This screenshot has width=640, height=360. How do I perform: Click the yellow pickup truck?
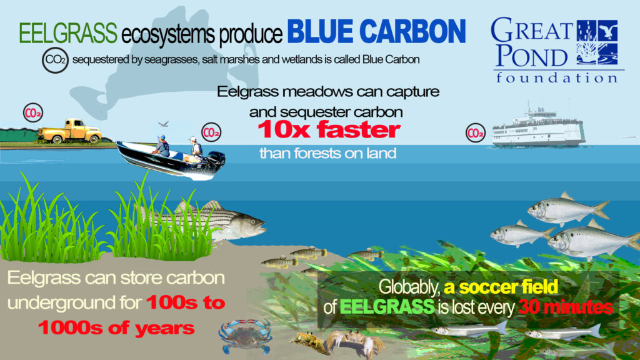[x=70, y=131]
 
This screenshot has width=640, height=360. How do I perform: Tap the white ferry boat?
[x=538, y=127]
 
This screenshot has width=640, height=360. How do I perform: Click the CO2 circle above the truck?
[x=33, y=113]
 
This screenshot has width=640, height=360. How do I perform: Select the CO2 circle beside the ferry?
[x=476, y=132]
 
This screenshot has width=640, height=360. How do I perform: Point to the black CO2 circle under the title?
[x=55, y=61]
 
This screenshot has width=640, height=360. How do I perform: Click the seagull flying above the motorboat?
[x=164, y=124]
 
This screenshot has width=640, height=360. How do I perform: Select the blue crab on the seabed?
[x=245, y=336]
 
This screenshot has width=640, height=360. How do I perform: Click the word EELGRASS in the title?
[x=68, y=33]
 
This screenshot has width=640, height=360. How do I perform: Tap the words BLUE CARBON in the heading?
[x=376, y=31]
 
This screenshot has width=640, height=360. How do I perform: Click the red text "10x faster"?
[x=329, y=130]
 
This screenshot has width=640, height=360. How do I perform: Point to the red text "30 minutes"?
[x=566, y=307]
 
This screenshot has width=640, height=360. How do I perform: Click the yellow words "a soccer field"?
[x=501, y=286]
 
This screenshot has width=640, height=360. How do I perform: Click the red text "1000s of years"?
[x=116, y=327]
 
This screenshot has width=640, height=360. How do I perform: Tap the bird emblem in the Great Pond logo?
[x=607, y=30]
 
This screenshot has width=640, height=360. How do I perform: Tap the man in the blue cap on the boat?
[x=162, y=146]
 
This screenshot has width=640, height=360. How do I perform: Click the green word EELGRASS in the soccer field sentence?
[x=387, y=307]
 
